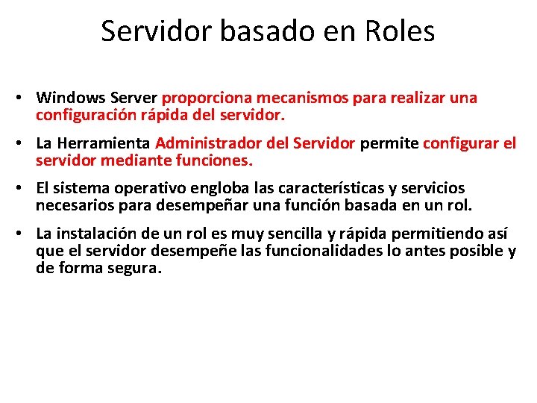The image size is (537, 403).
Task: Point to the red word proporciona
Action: click(x=207, y=98)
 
